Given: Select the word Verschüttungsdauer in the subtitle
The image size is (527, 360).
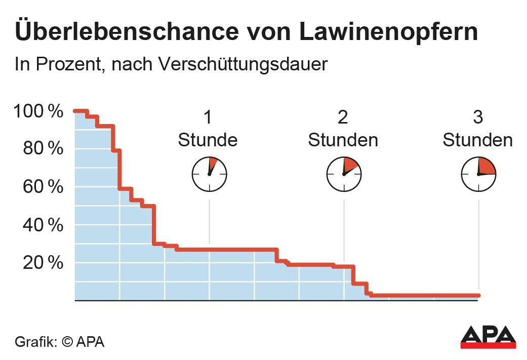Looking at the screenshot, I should click(243, 64).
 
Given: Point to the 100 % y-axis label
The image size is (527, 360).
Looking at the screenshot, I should click(39, 111).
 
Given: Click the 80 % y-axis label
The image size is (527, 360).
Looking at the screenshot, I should click(43, 149).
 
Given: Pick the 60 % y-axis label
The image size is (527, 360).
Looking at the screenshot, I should click(43, 187).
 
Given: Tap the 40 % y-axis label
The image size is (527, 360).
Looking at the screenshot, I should click(43, 225).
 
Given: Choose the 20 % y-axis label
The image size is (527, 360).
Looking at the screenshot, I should click(43, 263).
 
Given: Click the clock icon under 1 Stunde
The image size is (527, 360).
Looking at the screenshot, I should click(209, 174).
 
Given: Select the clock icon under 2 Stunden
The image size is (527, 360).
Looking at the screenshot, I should click(344, 174).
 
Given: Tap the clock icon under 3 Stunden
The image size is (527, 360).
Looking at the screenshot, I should click(478, 174).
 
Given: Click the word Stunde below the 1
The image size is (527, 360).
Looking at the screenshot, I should click(208, 140).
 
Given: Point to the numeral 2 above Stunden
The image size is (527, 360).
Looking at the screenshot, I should click(343, 117).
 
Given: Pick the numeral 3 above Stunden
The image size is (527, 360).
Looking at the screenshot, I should click(477, 117).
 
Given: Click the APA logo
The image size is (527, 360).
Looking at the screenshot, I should click(488, 337).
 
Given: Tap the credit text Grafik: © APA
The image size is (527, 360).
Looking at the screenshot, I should click(59, 341).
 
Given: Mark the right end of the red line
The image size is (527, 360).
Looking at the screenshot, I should click(478, 296).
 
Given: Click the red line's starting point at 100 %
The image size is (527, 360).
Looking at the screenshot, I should click(75, 111).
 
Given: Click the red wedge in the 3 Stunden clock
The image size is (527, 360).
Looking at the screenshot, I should click(486, 167).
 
